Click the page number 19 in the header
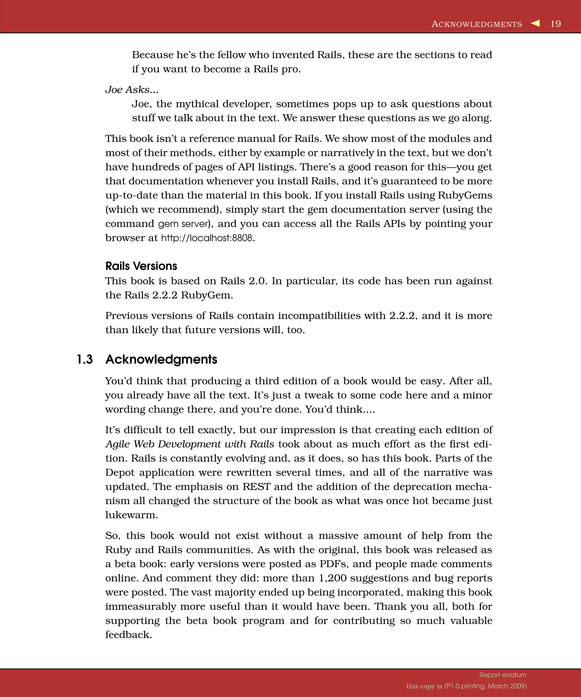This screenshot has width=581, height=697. [555, 24]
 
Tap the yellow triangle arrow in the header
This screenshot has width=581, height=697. [535, 23]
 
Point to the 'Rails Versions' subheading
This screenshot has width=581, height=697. [141, 266]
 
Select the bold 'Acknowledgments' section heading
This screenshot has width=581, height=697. [161, 359]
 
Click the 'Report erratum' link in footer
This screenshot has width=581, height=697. [503, 675]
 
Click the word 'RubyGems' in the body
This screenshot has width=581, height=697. [465, 195]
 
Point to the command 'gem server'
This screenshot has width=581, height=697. [184, 224]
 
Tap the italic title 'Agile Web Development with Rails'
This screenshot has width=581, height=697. [190, 444]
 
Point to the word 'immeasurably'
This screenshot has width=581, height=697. [140, 606]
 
